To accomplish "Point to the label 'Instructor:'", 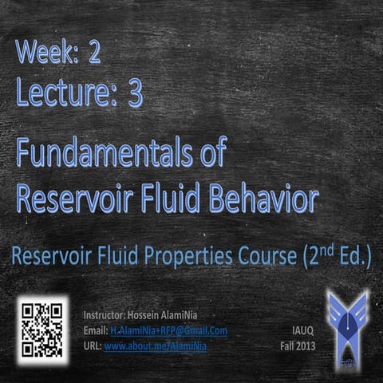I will pos(105,315).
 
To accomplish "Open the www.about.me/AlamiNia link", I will pos(156,345).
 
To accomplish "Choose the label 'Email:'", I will pos(95,330).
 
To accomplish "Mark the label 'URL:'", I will pos(93,345).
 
